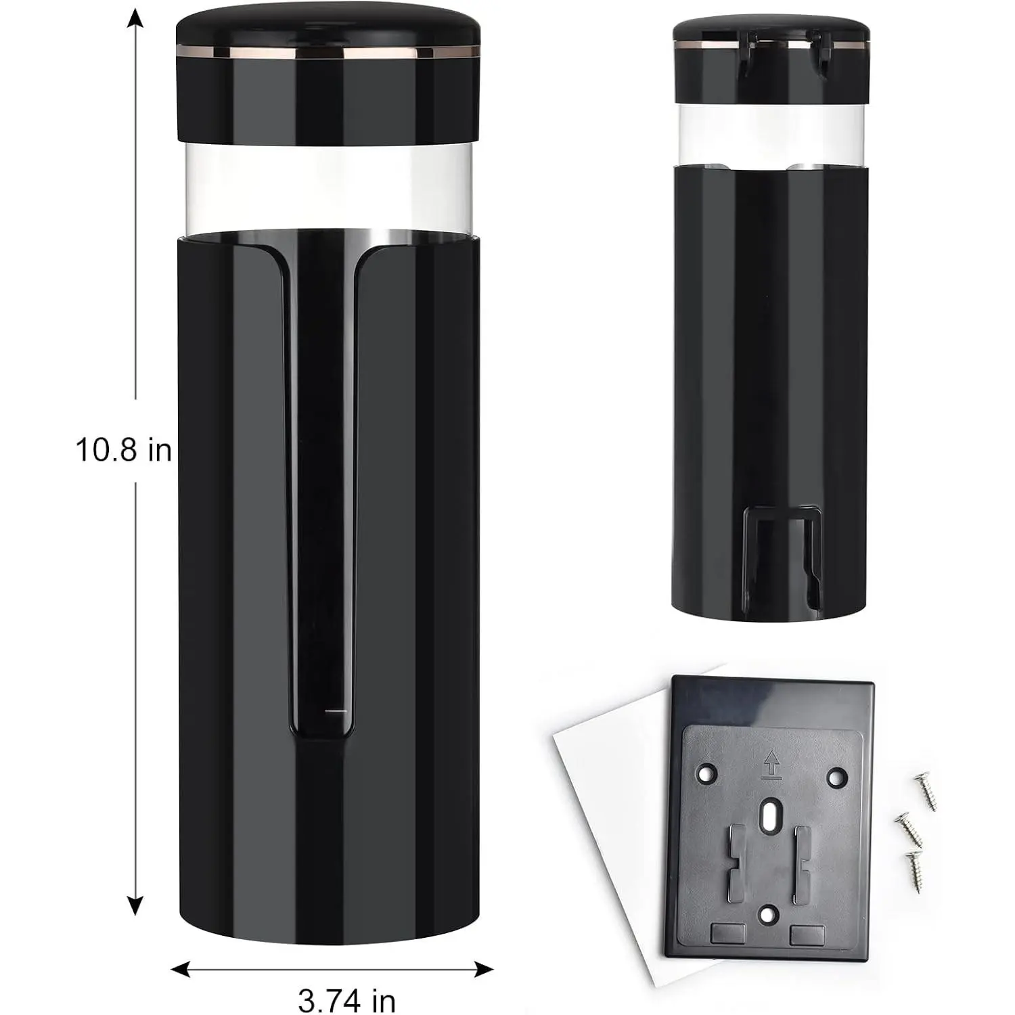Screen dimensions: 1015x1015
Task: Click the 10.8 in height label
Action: (x=124, y=449)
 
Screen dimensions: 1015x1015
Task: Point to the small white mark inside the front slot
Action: (x=336, y=712)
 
